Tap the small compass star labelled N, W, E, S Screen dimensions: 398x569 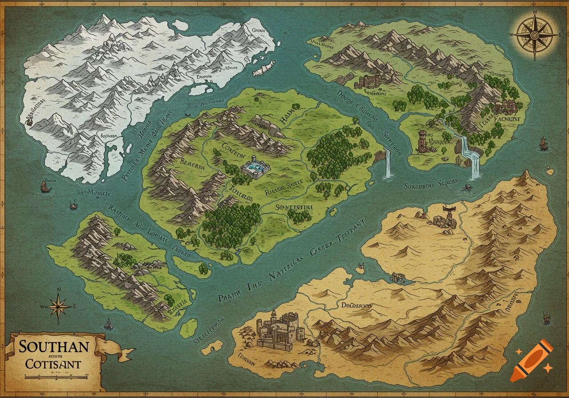click(59, 306)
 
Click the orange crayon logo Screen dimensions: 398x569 click(532, 360)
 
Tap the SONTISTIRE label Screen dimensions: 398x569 click(294, 207)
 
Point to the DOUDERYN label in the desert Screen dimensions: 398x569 click(356, 306)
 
